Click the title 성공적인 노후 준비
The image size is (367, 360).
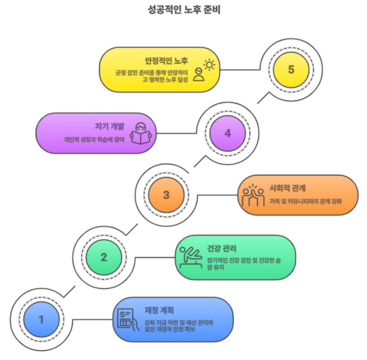(x=183, y=10)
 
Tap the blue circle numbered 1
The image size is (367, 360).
(x=41, y=320)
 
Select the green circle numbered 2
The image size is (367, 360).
(x=104, y=257)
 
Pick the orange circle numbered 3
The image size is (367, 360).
(x=166, y=195)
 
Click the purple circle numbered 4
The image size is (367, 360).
(x=228, y=133)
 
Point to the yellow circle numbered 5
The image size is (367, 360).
(x=291, y=70)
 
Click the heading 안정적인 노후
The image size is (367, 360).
(x=166, y=61)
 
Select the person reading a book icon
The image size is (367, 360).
(x=141, y=133)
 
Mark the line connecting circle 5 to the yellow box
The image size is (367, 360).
(x=239, y=70)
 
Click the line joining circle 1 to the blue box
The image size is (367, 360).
(x=92, y=320)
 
